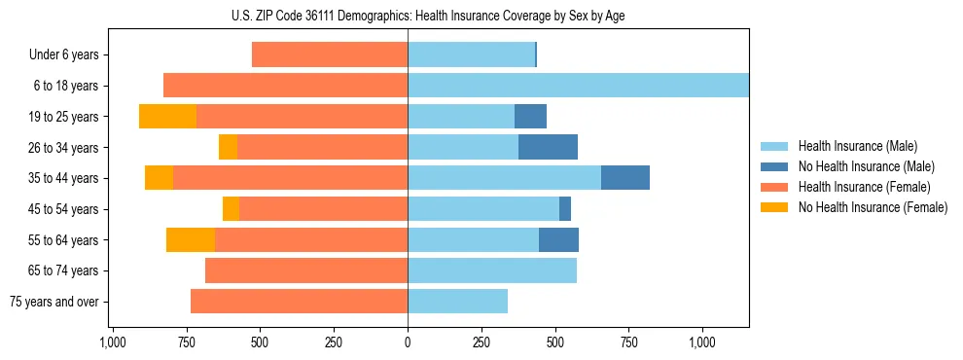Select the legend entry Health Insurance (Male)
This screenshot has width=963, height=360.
[857, 146]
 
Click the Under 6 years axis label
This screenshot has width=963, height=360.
[63, 54]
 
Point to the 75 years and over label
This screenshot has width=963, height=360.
[54, 302]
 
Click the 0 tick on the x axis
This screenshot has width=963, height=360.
[408, 342]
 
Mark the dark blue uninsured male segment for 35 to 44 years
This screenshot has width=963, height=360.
[625, 178]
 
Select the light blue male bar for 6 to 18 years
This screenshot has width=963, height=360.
[578, 86]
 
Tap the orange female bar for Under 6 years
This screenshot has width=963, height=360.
[329, 54]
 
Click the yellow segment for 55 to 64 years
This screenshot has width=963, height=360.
[191, 239]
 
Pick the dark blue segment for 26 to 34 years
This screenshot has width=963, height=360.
[548, 147]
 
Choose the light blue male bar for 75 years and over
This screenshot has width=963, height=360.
[457, 302]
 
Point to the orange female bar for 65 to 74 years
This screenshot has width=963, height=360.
[306, 270]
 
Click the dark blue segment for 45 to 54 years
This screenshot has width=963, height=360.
[565, 209]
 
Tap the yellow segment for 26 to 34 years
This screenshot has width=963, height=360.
[228, 147]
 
